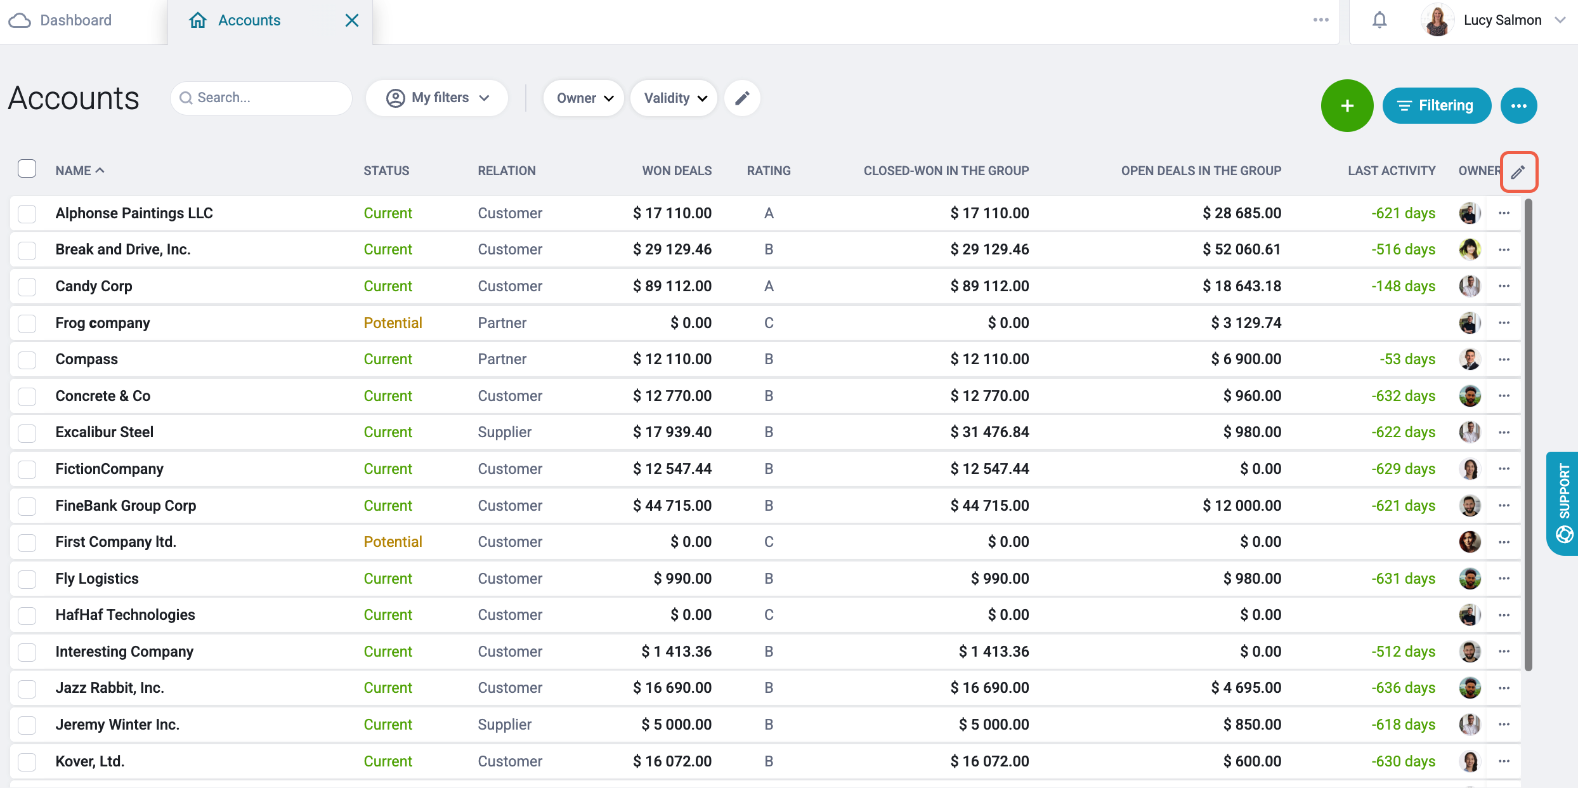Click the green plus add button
click(x=1347, y=105)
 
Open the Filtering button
click(x=1437, y=105)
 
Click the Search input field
click(x=261, y=98)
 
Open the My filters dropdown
click(x=437, y=98)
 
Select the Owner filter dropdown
click(x=584, y=98)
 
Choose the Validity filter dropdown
click(x=674, y=98)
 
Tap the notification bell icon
click(x=1379, y=20)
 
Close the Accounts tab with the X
click(x=352, y=20)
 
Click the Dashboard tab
click(x=61, y=20)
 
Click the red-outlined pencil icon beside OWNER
click(x=1518, y=171)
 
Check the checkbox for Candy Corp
click(x=27, y=287)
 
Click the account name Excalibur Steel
click(x=105, y=432)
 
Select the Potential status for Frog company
click(x=393, y=323)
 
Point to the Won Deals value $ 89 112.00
click(x=672, y=286)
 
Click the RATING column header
click(x=769, y=171)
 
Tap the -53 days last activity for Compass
click(x=1407, y=359)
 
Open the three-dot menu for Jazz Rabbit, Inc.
click(x=1504, y=688)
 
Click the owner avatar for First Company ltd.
click(x=1470, y=542)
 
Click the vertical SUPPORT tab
click(x=1563, y=503)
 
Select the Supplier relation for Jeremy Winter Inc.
click(x=505, y=725)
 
